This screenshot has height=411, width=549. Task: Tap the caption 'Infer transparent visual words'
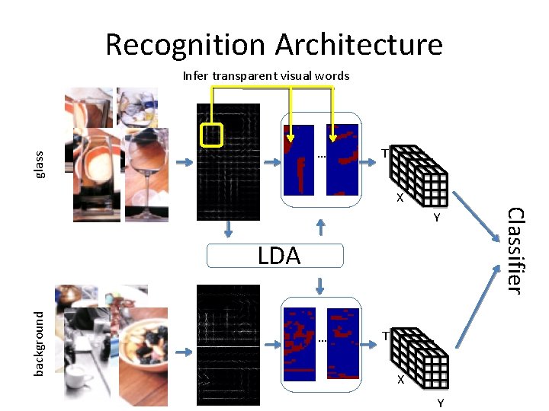pyautogui.click(x=265, y=75)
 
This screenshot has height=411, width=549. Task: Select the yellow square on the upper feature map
pyautogui.click(x=210, y=134)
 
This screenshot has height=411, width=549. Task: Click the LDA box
pyautogui.click(x=279, y=256)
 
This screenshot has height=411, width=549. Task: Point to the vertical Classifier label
pyautogui.click(x=515, y=250)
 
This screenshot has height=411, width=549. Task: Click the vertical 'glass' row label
pyautogui.click(x=40, y=164)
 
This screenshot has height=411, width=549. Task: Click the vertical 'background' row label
pyautogui.click(x=40, y=342)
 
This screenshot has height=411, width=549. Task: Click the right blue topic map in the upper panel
pyautogui.click(x=342, y=159)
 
